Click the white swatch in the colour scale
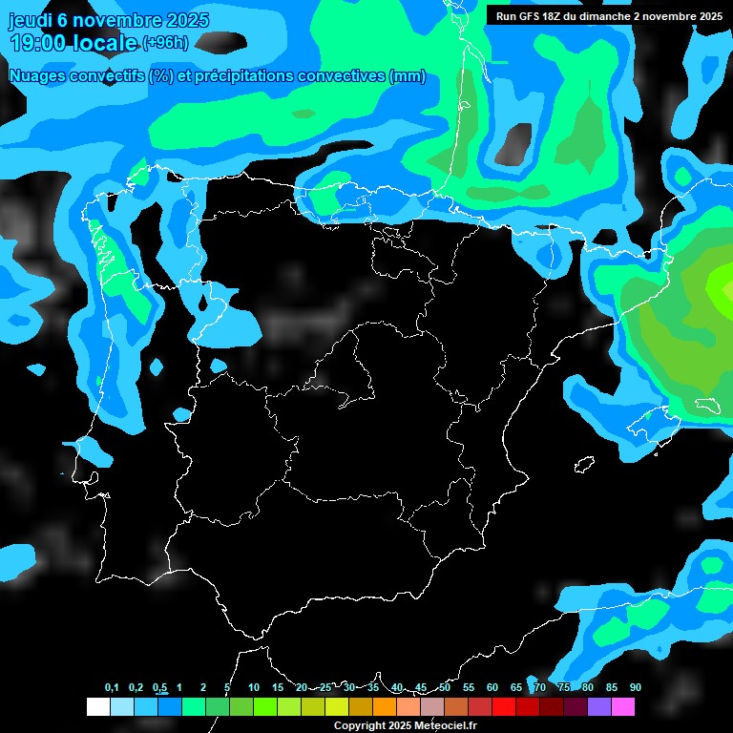click(97, 707)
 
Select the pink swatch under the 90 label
click(622, 707)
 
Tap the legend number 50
click(445, 688)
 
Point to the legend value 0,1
click(112, 688)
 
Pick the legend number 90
click(636, 688)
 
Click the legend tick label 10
click(254, 688)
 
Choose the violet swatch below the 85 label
click(598, 707)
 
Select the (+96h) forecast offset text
click(165, 43)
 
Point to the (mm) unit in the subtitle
click(407, 77)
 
